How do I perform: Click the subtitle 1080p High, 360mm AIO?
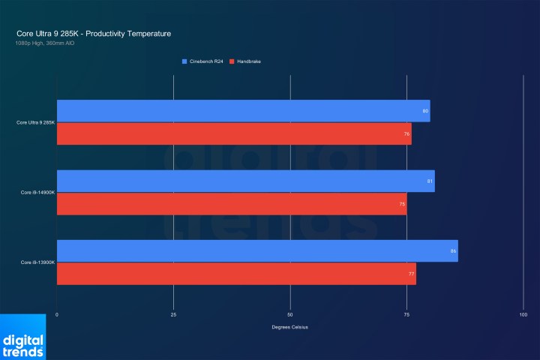[44, 43]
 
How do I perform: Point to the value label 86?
[453, 250]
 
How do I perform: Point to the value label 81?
[430, 181]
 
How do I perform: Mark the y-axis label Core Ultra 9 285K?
[35, 122]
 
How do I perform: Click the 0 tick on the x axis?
[57, 314]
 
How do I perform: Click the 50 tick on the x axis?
[290, 314]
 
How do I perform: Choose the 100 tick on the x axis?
[523, 314]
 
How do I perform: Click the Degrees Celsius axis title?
[290, 327]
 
